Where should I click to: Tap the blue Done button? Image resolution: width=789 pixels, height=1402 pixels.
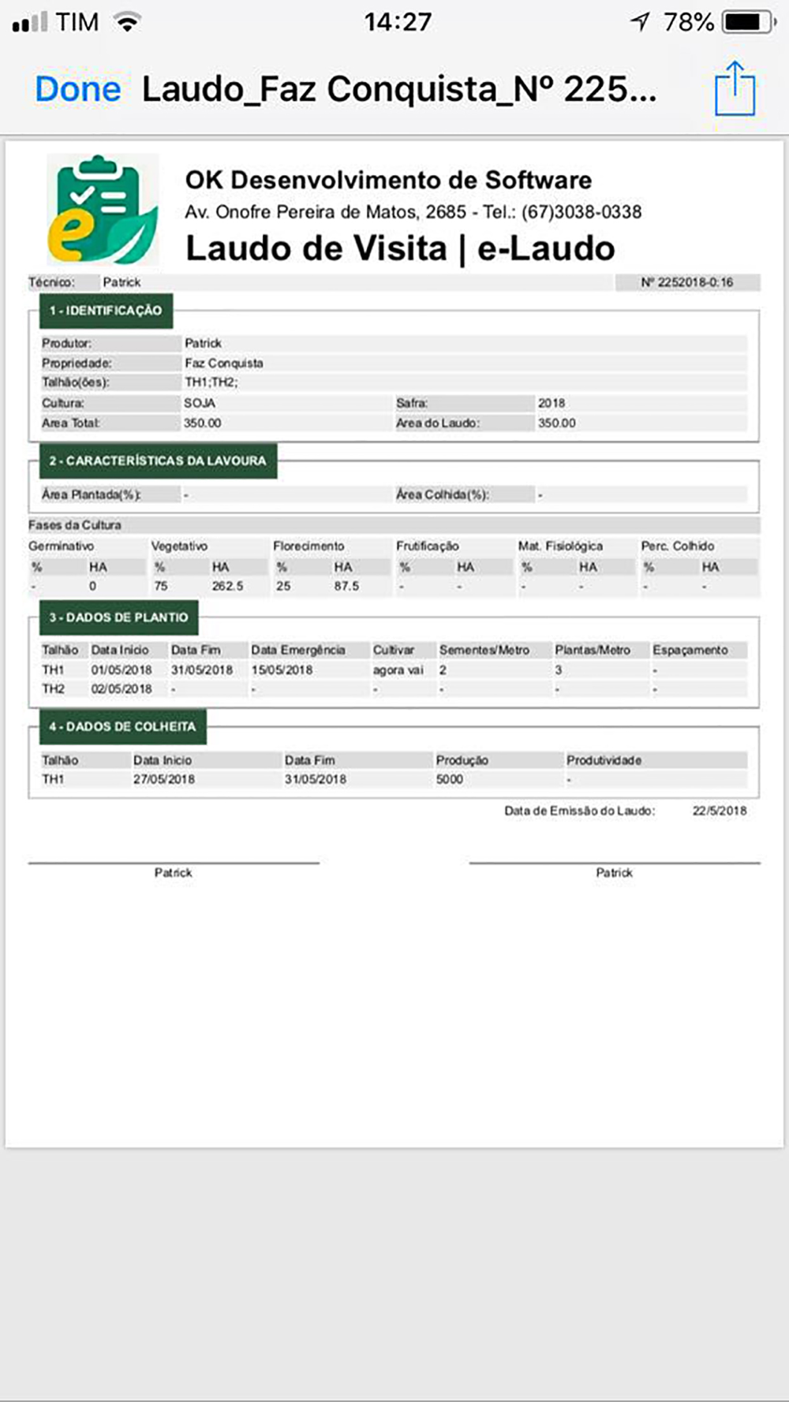tap(77, 89)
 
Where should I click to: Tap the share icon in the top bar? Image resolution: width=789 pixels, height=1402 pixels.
tap(735, 88)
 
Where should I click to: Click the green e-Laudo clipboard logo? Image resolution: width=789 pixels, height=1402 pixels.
tap(103, 210)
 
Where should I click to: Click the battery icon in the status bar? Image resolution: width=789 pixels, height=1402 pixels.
tap(747, 22)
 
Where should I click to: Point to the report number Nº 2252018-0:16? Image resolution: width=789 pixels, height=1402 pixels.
tap(686, 282)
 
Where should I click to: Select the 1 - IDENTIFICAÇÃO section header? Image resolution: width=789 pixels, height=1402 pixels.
tap(106, 311)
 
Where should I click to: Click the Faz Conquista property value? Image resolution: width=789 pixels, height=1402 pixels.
tap(223, 364)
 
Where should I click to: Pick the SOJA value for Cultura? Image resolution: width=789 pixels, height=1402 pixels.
tap(199, 403)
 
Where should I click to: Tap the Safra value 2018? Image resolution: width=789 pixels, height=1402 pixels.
tap(551, 403)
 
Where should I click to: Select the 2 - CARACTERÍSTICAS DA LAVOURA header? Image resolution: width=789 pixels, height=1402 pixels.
tap(158, 460)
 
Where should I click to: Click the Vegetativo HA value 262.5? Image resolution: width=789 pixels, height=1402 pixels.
tap(227, 587)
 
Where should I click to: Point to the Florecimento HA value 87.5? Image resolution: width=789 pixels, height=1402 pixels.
tap(346, 587)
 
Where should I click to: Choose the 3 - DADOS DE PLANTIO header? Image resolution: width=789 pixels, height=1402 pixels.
tap(118, 617)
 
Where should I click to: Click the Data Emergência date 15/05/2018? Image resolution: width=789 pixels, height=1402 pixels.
tap(282, 669)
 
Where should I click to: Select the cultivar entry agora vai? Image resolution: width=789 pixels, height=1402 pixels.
tap(398, 669)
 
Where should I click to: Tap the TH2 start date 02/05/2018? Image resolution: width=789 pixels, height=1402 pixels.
tap(122, 689)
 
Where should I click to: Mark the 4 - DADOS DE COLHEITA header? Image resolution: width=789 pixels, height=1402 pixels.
tap(122, 726)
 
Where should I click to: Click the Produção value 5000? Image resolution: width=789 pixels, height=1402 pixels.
tap(449, 779)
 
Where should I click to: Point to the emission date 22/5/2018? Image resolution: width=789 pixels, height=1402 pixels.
tap(719, 811)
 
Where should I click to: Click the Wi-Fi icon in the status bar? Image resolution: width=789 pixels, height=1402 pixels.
tap(126, 21)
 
